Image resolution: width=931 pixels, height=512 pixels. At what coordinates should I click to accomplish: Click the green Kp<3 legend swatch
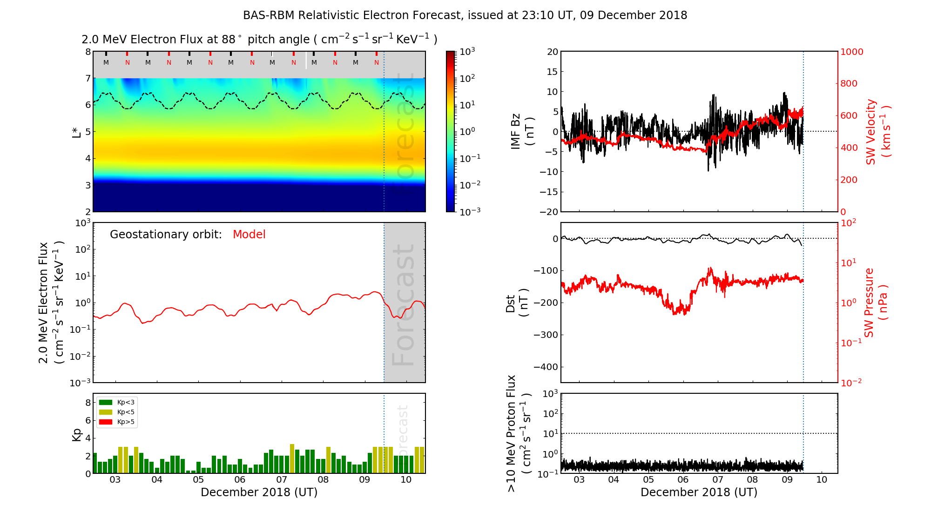coord(106,403)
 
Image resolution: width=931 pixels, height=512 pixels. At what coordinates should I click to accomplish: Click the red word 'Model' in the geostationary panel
coord(249,235)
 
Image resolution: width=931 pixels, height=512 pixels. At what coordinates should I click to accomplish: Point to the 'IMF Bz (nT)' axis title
coord(522,132)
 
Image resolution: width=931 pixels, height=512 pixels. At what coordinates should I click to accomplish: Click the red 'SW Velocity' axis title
coord(871,132)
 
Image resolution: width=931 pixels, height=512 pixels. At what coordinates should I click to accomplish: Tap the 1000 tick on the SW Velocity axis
coord(851,52)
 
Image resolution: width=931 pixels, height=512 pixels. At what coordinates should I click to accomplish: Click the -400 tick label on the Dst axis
coord(546,367)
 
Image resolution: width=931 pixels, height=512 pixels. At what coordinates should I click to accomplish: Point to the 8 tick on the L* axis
coord(88,52)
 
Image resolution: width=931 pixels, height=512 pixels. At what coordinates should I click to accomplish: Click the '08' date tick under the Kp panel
coord(323,480)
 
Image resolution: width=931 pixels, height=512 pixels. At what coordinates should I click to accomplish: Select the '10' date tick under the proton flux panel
coord(822,480)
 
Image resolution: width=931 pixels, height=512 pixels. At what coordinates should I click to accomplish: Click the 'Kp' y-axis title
coord(77,434)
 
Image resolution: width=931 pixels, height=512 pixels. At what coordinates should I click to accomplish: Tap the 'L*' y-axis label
coord(77,132)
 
